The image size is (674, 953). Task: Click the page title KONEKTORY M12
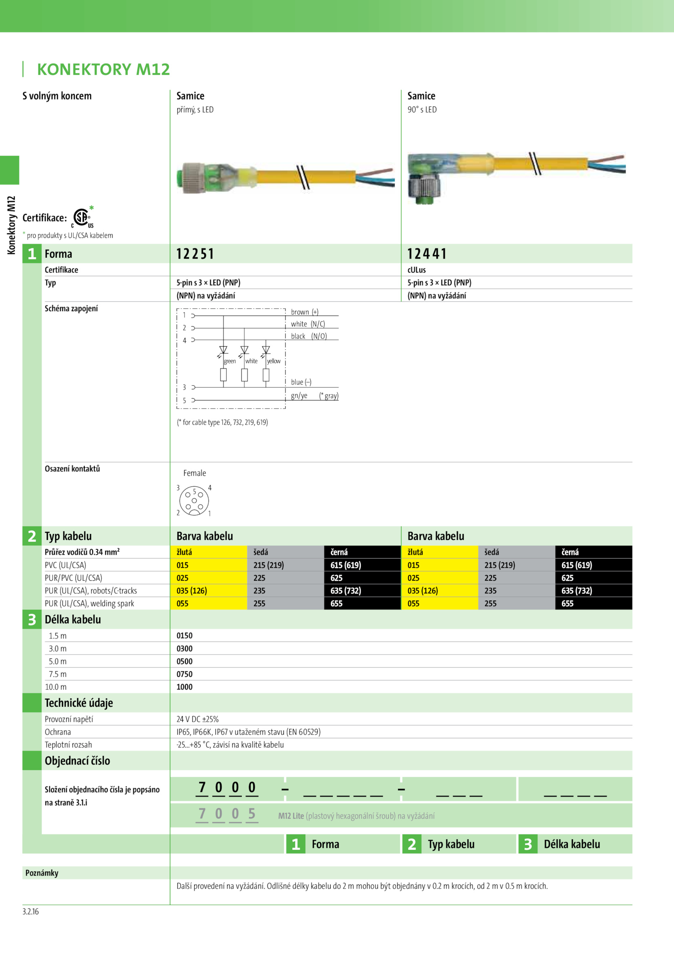(103, 69)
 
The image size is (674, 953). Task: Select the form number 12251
(195, 254)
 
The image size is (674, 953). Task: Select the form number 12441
(427, 254)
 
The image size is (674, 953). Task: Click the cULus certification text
(417, 270)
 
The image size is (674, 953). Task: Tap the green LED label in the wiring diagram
(230, 361)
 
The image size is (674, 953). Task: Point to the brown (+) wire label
(305, 312)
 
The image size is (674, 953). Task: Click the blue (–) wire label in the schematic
(301, 382)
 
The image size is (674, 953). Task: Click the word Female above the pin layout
(195, 473)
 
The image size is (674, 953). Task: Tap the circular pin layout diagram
(194, 501)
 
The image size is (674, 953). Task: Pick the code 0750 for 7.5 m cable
(185, 674)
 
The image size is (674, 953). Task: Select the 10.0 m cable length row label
(56, 687)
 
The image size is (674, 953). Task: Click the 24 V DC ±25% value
(198, 719)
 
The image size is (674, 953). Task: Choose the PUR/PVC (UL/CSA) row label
(73, 578)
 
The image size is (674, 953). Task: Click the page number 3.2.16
(30, 912)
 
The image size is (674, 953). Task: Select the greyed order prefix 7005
(227, 814)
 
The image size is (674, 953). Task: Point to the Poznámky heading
(42, 873)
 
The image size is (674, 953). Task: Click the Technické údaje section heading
(79, 703)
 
